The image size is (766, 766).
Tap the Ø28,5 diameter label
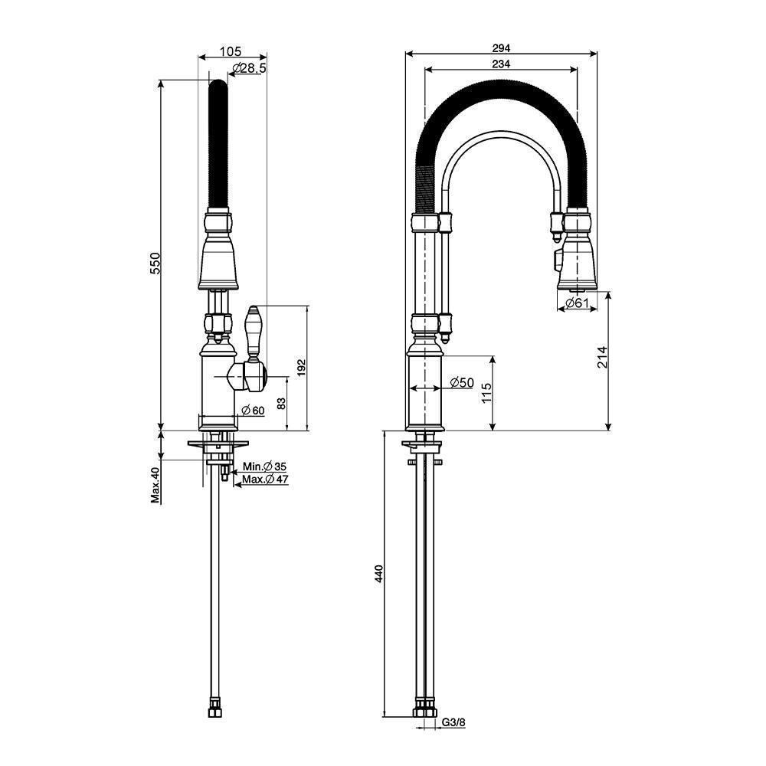click(x=247, y=69)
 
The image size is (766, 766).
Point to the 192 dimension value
click(x=301, y=368)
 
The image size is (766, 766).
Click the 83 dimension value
click(x=282, y=402)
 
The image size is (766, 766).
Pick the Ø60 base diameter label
click(x=252, y=411)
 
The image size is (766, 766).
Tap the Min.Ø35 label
click(x=264, y=466)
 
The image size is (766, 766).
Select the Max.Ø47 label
click(x=264, y=480)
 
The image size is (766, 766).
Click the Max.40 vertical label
click(x=155, y=485)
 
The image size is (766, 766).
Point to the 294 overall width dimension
click(x=502, y=47)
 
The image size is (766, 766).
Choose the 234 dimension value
click(x=502, y=64)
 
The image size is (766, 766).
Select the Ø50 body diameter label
click(x=462, y=382)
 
